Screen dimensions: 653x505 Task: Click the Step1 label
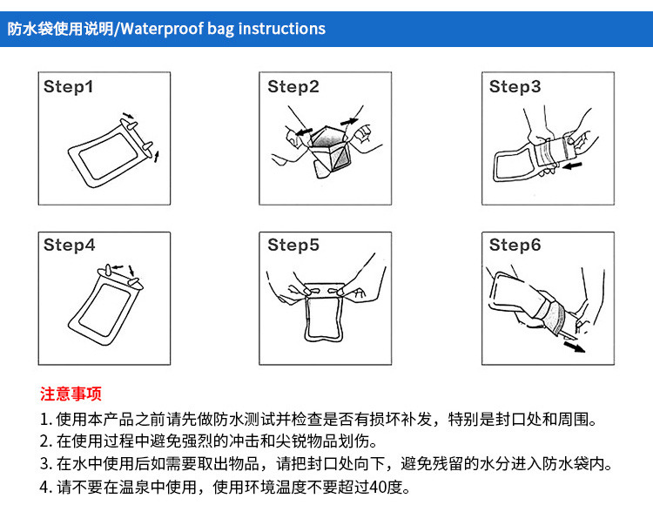[68, 86]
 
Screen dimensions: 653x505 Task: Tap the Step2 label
[293, 86]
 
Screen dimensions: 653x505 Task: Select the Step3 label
[515, 86]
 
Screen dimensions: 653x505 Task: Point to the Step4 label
[69, 245]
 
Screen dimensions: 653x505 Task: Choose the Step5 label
[293, 245]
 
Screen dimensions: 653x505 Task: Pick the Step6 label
[515, 245]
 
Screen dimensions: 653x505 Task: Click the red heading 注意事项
[71, 394]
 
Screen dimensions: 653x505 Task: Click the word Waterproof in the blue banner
[162, 29]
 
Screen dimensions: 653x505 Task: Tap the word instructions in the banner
[282, 29]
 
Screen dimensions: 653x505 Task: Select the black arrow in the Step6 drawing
[575, 347]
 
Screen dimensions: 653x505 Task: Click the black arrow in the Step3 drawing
[572, 166]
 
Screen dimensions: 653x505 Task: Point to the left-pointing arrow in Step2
[304, 132]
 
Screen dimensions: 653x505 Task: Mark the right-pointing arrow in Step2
[349, 121]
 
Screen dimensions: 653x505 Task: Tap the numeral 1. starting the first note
[46, 420]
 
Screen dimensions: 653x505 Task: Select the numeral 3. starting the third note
[46, 464]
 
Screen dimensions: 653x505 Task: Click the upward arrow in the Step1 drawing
[157, 157]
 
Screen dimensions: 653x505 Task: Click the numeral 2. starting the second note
[46, 441]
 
